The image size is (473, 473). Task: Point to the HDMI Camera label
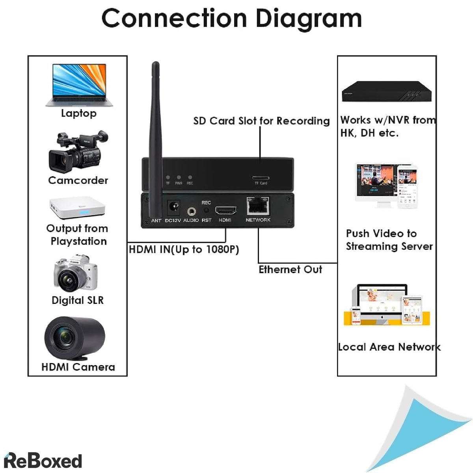point(78,367)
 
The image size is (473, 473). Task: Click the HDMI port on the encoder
point(225,210)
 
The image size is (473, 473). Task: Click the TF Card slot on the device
point(261,178)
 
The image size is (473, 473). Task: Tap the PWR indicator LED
point(179,178)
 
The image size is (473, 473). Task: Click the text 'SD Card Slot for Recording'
point(261,121)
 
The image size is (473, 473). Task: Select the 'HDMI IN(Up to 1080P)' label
point(184,250)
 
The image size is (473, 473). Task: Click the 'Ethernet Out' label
point(290,270)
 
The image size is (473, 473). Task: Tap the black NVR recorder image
point(386,92)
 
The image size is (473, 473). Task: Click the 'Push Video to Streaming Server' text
point(389,240)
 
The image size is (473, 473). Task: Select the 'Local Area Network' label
point(389,347)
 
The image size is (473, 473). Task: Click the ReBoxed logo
point(43,461)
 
